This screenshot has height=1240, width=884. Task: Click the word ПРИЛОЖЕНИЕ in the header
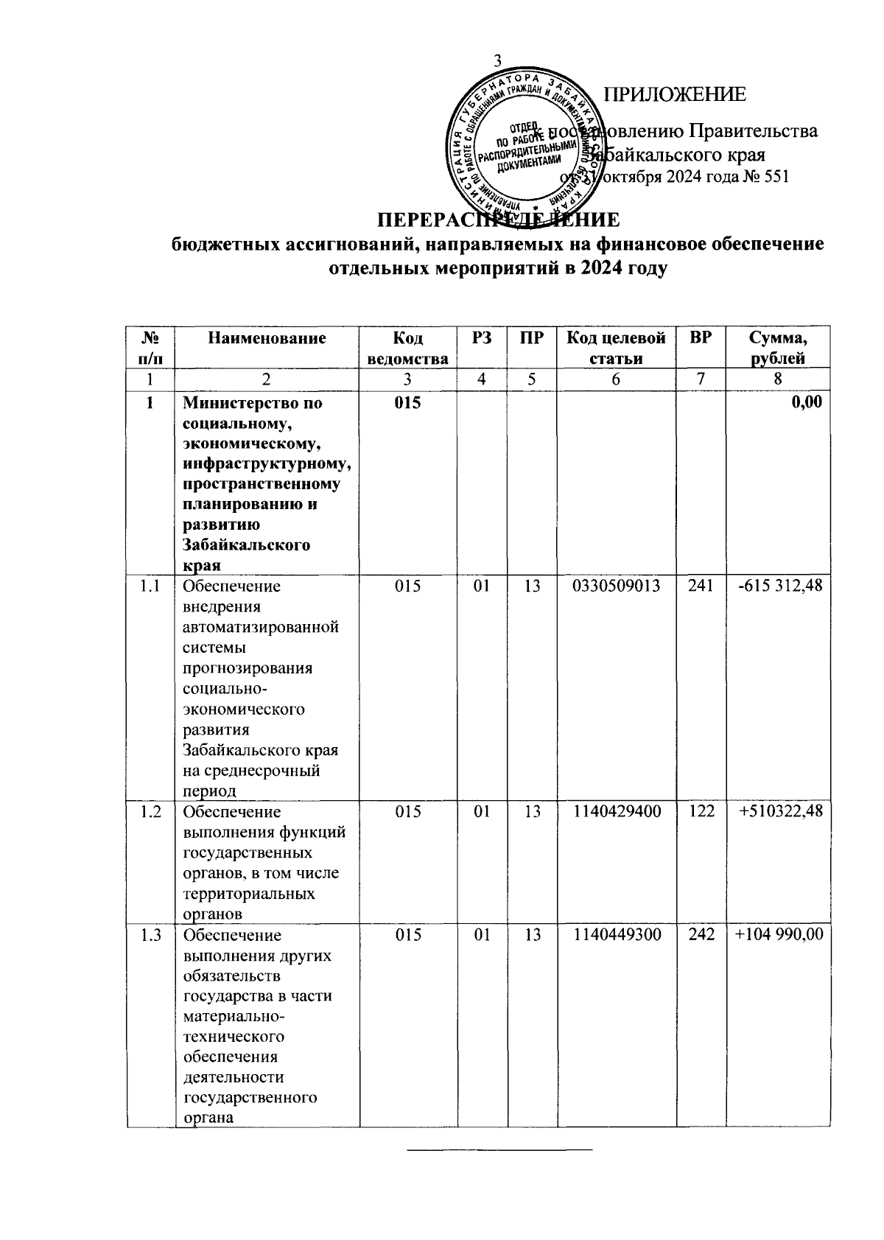675,95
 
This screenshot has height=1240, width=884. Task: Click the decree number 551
776,177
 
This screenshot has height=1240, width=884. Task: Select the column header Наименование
266,338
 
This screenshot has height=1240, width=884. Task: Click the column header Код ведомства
407,348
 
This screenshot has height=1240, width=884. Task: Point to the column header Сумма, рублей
777,348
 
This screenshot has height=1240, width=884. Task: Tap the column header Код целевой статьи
616,348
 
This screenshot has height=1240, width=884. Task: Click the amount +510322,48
781,811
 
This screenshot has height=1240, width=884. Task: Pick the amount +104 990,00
779,934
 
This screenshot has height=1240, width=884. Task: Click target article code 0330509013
616,586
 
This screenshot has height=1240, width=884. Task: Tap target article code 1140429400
616,811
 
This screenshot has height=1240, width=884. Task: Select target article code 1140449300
616,934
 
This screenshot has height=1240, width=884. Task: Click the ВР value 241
701,586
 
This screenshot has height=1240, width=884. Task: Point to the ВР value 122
701,811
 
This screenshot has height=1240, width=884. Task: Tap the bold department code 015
407,403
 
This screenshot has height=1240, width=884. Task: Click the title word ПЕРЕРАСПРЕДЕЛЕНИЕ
498,220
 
